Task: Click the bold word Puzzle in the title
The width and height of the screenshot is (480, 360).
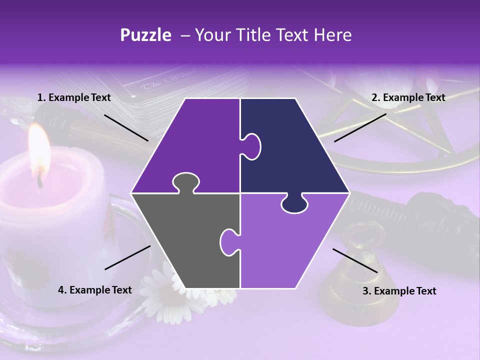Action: pyautogui.click(x=145, y=35)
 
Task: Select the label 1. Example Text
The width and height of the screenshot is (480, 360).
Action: pyautogui.click(x=74, y=98)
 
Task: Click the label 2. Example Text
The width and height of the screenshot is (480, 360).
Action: pyautogui.click(x=408, y=98)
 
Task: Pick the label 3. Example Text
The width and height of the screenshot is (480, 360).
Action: pyautogui.click(x=399, y=291)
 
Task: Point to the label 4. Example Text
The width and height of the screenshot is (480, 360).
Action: pyautogui.click(x=95, y=290)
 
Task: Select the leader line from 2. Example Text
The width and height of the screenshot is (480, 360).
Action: pyautogui.click(x=360, y=127)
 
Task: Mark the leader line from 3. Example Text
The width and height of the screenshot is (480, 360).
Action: pyautogui.click(x=355, y=260)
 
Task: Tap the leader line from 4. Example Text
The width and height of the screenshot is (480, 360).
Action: pyautogui.click(x=127, y=257)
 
